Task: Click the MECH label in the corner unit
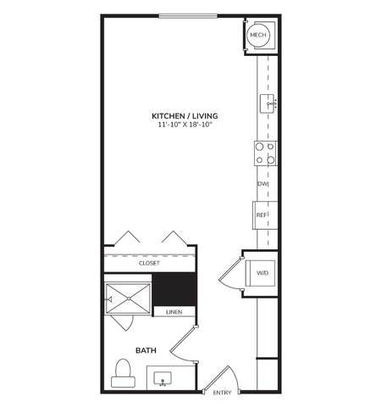(x=258, y=36)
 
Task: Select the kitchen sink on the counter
(x=266, y=103)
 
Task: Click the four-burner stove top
(x=265, y=153)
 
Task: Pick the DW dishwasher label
(x=262, y=184)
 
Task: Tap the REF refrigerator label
(x=262, y=215)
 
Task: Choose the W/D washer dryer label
(x=262, y=274)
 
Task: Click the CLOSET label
(x=149, y=263)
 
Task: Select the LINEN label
(x=174, y=312)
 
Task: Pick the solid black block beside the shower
(x=174, y=289)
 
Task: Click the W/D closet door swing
(x=229, y=275)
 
